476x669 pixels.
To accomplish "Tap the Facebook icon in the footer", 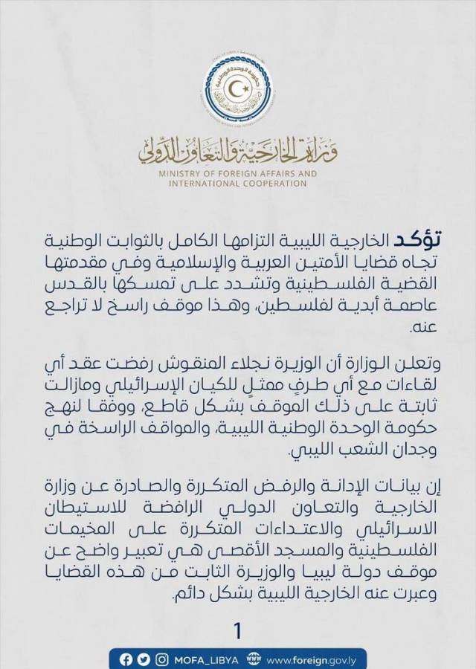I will (x=126, y=659).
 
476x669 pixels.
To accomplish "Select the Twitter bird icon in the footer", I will (x=144, y=659).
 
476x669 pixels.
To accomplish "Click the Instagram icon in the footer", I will (x=161, y=659).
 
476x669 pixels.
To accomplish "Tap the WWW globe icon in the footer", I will (x=254, y=659).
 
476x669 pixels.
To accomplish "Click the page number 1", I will (x=238, y=631).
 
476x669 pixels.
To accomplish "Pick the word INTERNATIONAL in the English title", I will (x=199, y=184).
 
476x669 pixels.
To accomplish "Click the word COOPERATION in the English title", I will (x=273, y=184).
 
